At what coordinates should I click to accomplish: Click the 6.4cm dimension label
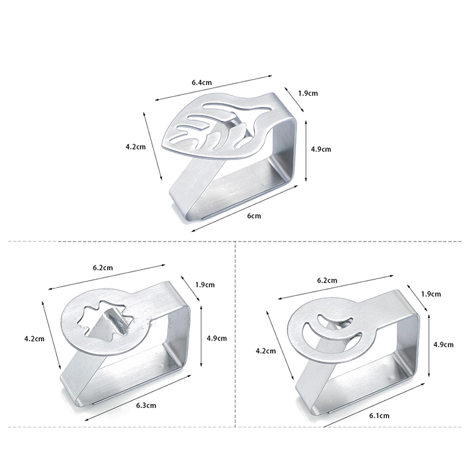click(202, 83)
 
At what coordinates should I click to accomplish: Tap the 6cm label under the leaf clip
click(254, 216)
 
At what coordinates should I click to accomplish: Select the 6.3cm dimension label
click(146, 406)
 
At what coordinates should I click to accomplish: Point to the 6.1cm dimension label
click(379, 416)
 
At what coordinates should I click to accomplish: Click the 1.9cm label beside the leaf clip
click(308, 93)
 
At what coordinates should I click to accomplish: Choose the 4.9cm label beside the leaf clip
click(321, 149)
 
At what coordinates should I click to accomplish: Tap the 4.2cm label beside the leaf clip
click(135, 147)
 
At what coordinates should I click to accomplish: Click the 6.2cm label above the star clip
click(103, 268)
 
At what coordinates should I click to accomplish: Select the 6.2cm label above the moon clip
click(327, 281)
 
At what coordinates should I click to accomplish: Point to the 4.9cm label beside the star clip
click(217, 338)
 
